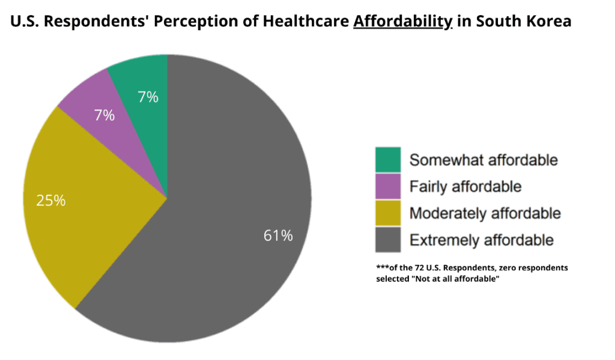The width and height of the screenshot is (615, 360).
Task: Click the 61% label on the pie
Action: (x=278, y=236)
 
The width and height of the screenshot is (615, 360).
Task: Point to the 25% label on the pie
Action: (x=50, y=200)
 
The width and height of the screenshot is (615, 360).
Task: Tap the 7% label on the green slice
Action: (x=148, y=97)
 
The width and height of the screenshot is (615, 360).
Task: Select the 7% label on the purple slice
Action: (x=105, y=115)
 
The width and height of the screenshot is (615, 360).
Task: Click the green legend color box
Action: (x=388, y=160)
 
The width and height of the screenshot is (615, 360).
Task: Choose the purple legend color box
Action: (x=388, y=186)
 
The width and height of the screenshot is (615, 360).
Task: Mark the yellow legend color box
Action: (x=388, y=213)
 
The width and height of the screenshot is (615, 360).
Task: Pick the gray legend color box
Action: (x=388, y=240)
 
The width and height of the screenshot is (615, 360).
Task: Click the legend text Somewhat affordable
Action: (x=483, y=160)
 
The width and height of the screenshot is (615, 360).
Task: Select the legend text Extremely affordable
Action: (x=481, y=240)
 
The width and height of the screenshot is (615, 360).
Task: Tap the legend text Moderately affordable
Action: (x=485, y=213)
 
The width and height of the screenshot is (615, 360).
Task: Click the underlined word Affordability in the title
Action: (x=402, y=22)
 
